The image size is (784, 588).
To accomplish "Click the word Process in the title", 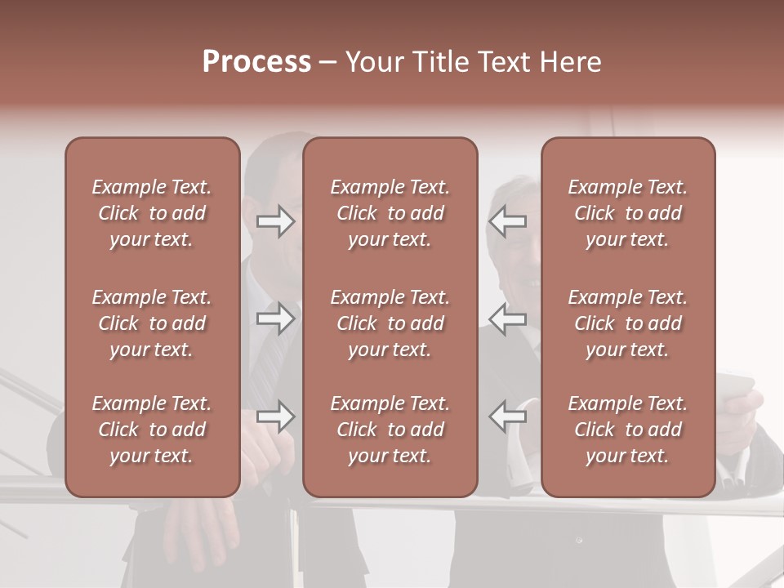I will [x=256, y=62].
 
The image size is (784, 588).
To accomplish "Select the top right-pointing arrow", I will [x=276, y=221].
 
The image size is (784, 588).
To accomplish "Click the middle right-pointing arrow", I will [x=276, y=318].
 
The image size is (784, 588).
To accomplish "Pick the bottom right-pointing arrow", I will [x=276, y=416].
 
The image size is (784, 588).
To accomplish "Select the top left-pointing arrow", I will [x=508, y=221].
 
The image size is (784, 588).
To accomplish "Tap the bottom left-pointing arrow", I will [x=508, y=416].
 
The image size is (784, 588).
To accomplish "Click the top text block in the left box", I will [x=152, y=213].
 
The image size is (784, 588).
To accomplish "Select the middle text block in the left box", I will [x=152, y=323].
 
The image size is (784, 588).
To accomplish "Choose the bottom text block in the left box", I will [x=152, y=430].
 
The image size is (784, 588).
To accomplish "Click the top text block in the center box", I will [x=390, y=213].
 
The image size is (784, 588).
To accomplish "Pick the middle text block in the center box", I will [x=390, y=323].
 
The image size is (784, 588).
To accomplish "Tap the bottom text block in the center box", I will [x=390, y=430].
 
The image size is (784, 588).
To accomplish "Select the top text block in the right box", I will [x=628, y=213].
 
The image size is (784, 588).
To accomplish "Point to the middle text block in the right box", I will [x=628, y=323].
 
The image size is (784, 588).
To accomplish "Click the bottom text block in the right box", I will [x=628, y=430].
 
